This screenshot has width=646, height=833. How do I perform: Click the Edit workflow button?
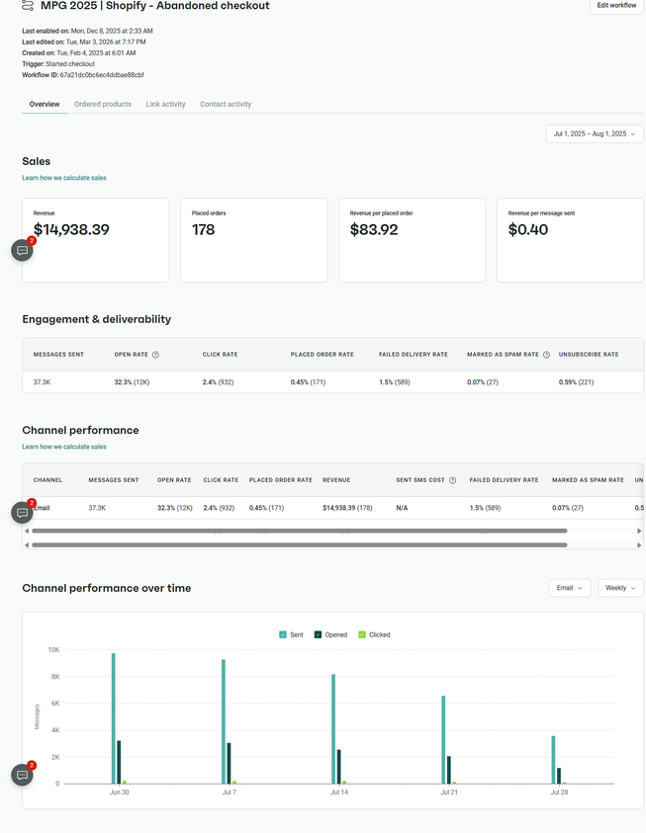pyautogui.click(x=616, y=6)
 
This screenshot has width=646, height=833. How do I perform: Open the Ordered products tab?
pyautogui.click(x=103, y=104)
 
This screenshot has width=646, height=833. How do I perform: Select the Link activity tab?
pyautogui.click(x=165, y=104)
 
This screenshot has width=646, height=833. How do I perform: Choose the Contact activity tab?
pyautogui.click(x=226, y=104)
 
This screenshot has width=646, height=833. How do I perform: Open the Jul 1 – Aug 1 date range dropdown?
pyautogui.click(x=595, y=133)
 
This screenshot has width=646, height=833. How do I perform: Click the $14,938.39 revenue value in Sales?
pyautogui.click(x=71, y=230)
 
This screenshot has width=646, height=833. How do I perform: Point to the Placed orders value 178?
pyautogui.click(x=204, y=230)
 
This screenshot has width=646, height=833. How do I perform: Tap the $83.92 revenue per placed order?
pyautogui.click(x=375, y=230)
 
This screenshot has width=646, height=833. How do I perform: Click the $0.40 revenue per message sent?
pyautogui.click(x=528, y=230)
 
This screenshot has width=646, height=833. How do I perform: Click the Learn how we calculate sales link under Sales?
pyautogui.click(x=64, y=178)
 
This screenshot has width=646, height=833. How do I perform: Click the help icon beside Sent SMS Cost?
pyautogui.click(x=452, y=480)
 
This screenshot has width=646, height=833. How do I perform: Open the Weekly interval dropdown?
pyautogui.click(x=620, y=588)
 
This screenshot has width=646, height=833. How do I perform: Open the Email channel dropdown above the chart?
pyautogui.click(x=570, y=588)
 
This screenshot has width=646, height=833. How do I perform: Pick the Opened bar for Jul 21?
pyautogui.click(x=449, y=770)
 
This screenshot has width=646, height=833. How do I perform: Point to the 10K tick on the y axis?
pyautogui.click(x=53, y=650)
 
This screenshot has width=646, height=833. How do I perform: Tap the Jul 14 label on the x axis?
pyautogui.click(x=339, y=792)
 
